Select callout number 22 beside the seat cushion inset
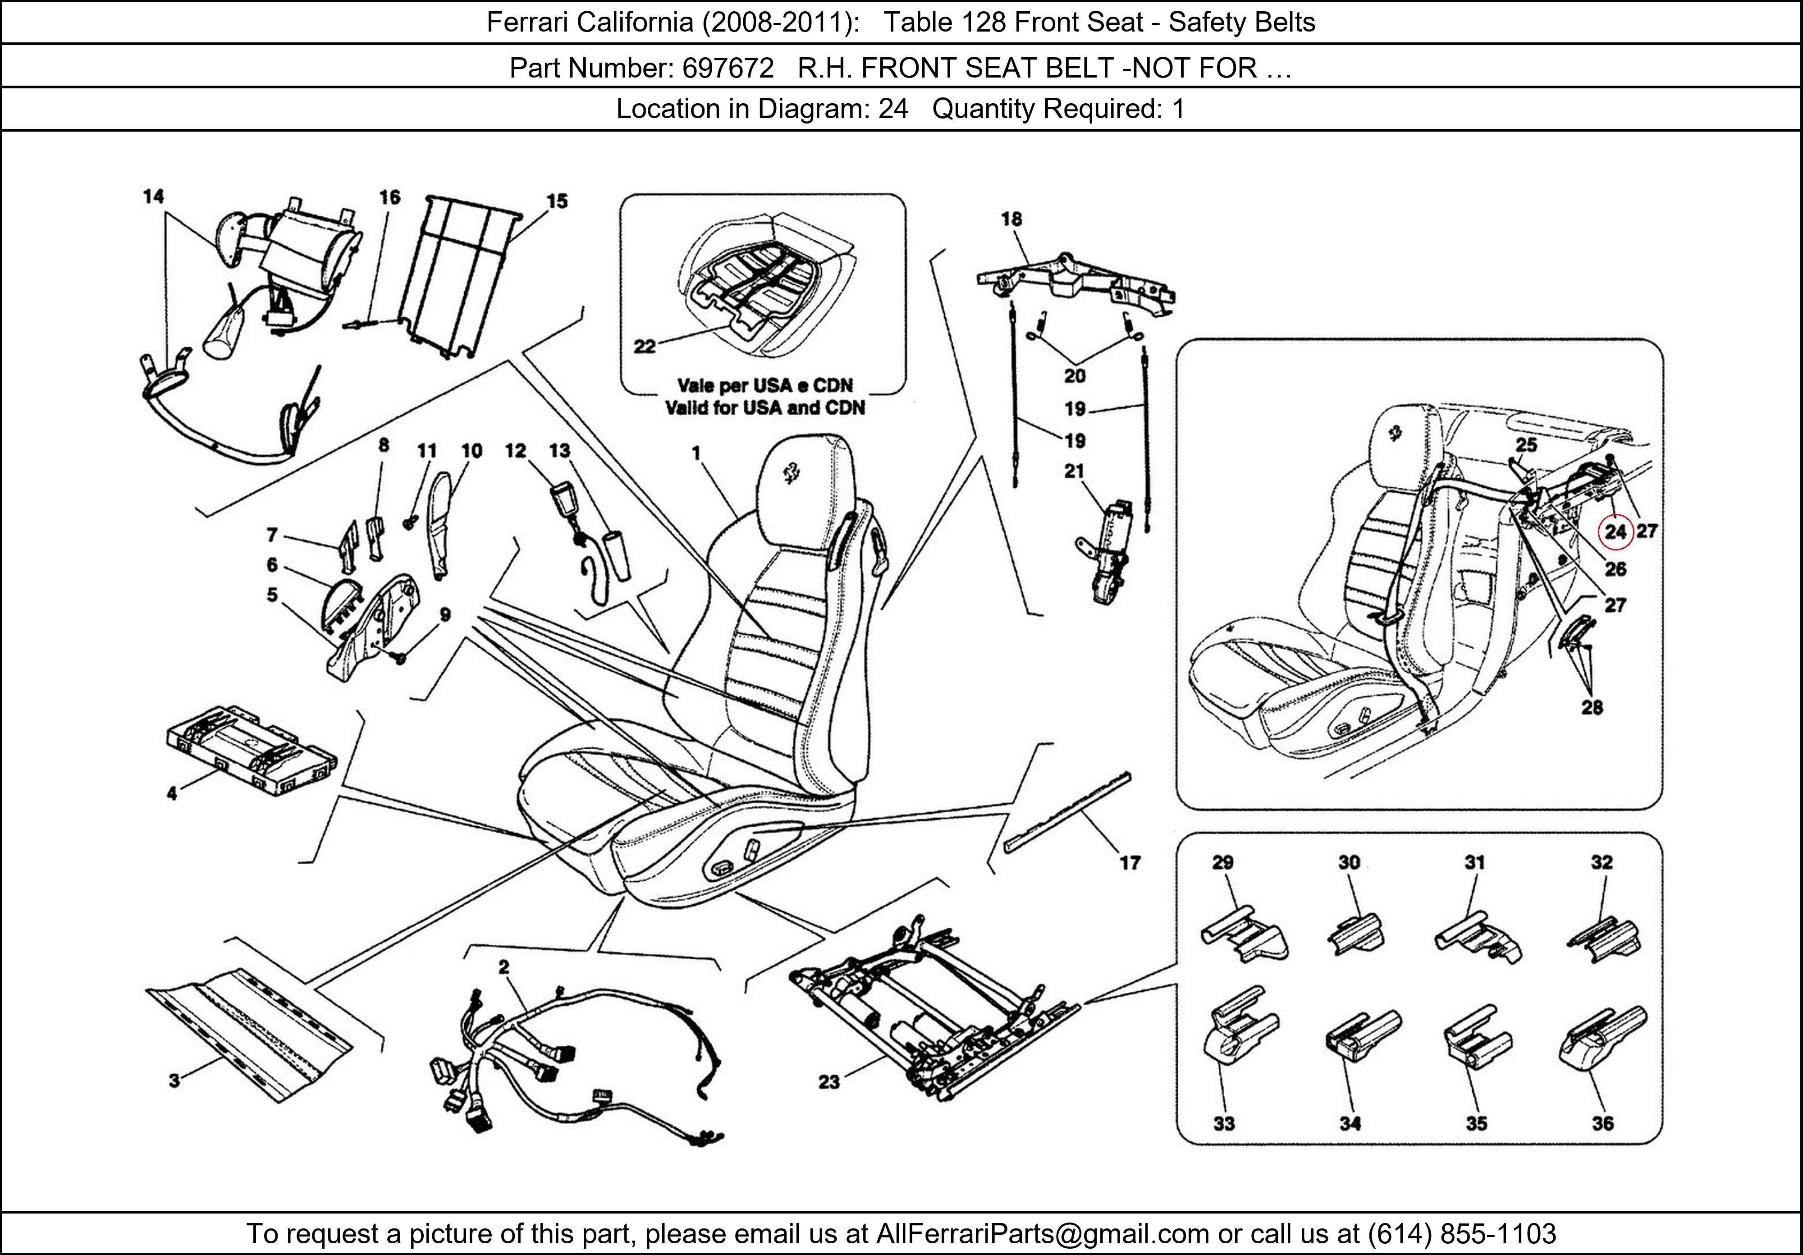pyautogui.click(x=644, y=346)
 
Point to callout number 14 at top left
pyautogui.click(x=153, y=197)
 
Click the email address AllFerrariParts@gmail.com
pyautogui.click(x=1042, y=1234)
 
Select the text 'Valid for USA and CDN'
pyautogui.click(x=765, y=408)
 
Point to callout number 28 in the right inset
pyautogui.click(x=1592, y=708)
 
